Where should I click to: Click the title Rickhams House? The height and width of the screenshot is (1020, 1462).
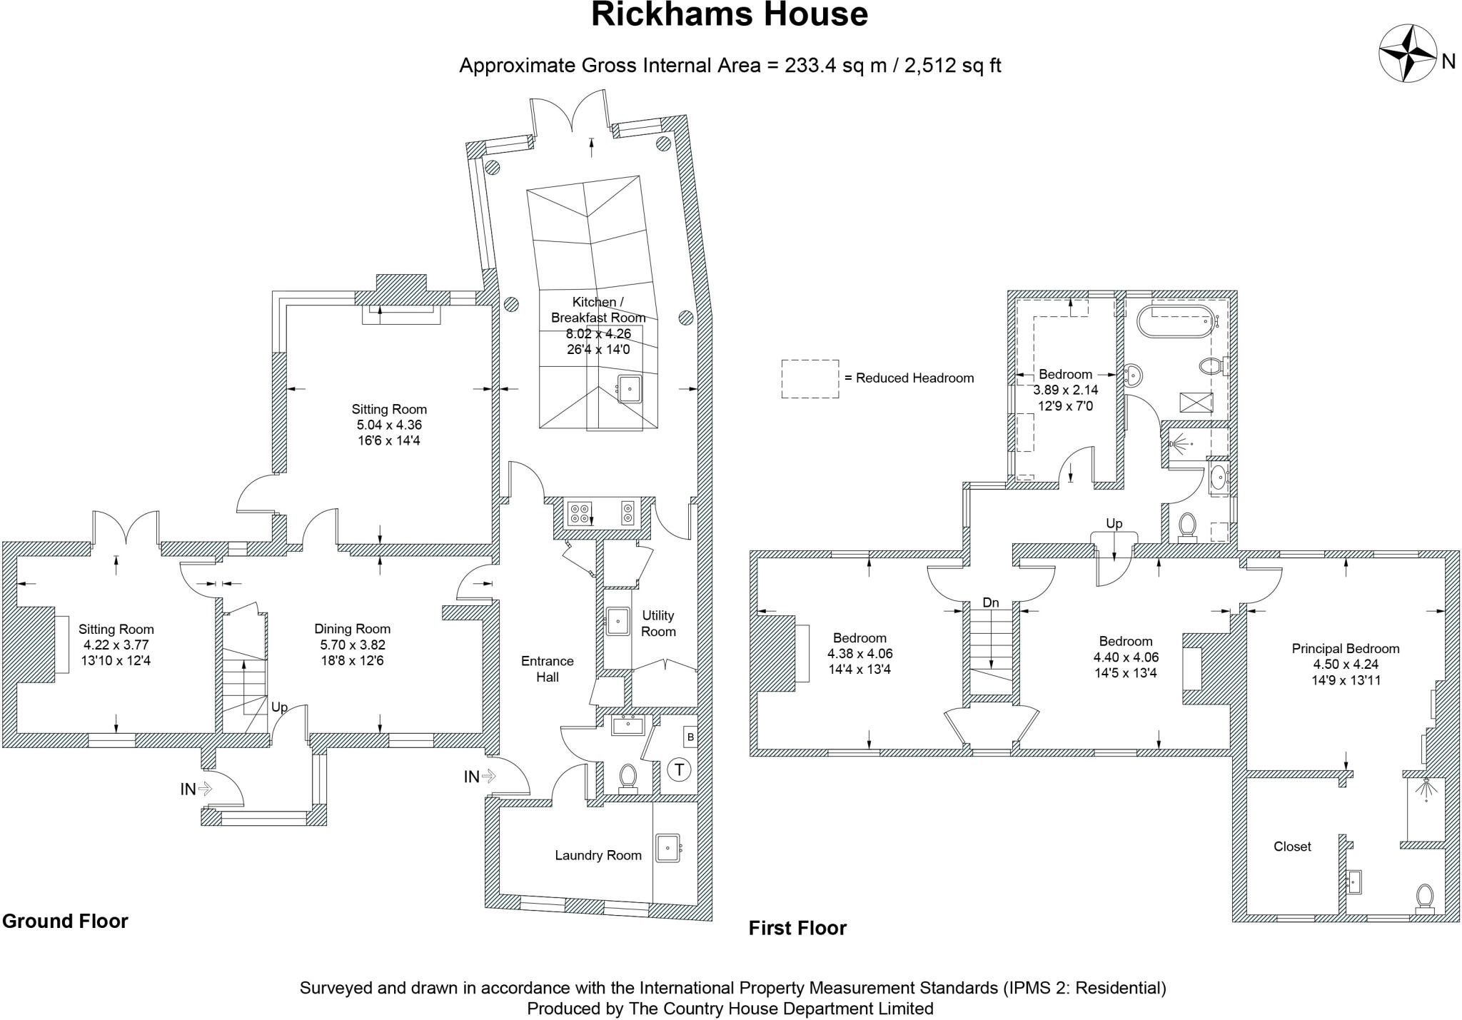tap(730, 15)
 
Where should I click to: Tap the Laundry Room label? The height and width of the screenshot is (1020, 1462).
tap(598, 855)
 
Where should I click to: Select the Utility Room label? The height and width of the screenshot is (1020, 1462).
tap(658, 623)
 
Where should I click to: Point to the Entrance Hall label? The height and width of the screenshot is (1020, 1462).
tap(548, 669)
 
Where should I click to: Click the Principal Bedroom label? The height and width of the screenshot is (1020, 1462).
tap(1345, 649)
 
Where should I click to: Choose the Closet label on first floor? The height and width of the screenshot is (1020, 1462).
tap(1292, 847)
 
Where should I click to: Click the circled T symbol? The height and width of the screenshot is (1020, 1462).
tap(679, 769)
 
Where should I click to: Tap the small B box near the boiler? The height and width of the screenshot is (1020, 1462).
tap(690, 737)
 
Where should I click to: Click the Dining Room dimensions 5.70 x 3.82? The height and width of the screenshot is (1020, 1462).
tap(353, 645)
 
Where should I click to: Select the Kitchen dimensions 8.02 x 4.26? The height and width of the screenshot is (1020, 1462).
tap(598, 333)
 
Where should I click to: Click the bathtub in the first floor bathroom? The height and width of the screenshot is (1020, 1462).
tap(1174, 322)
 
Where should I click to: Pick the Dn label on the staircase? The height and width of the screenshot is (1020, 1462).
tap(991, 603)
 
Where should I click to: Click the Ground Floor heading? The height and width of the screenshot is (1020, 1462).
tap(65, 921)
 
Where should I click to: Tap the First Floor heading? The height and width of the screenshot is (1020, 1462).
tap(797, 928)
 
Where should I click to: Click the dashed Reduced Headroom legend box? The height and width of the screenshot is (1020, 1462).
tap(810, 378)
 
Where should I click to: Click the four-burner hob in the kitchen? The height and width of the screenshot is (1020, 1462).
tap(579, 512)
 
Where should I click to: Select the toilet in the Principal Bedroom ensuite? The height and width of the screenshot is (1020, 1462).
tap(1424, 898)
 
